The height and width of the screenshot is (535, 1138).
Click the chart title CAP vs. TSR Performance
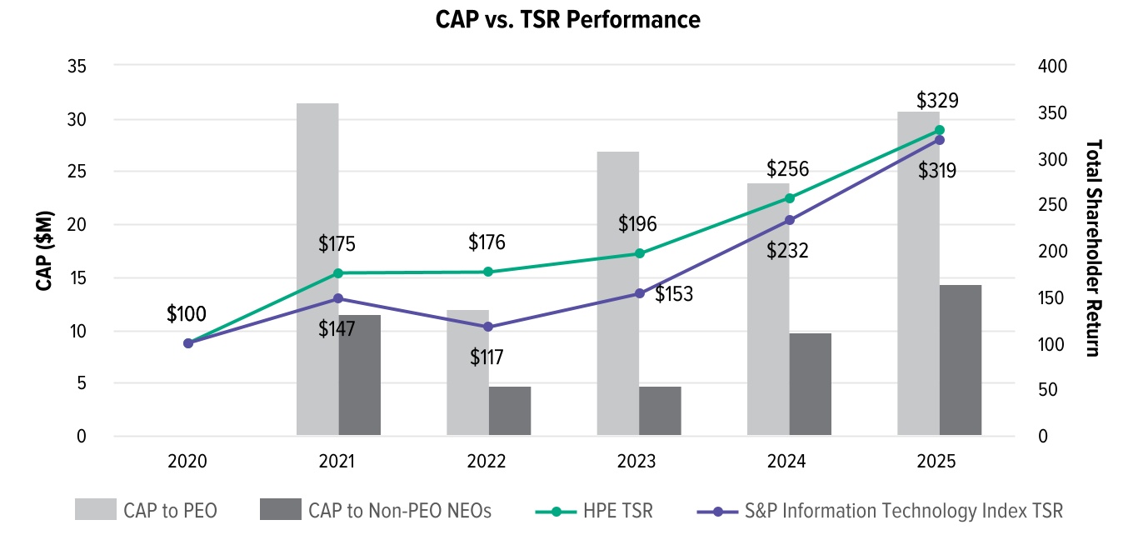tap(568, 20)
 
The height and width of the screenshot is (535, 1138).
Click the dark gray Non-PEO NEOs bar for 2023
tap(660, 410)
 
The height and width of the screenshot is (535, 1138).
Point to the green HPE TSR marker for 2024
tap(789, 198)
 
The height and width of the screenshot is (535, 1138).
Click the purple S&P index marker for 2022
tap(489, 327)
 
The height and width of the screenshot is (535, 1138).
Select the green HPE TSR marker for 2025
tap(939, 130)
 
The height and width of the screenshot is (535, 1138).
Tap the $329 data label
tap(937, 101)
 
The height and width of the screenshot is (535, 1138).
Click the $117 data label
tap(487, 357)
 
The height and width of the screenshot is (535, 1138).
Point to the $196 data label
tap(637, 223)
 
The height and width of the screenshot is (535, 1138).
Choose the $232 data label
tap(787, 250)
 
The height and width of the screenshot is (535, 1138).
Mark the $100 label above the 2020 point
tap(187, 314)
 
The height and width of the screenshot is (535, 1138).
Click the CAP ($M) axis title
tap(45, 251)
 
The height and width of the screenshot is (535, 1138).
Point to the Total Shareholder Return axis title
tap(1094, 247)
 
